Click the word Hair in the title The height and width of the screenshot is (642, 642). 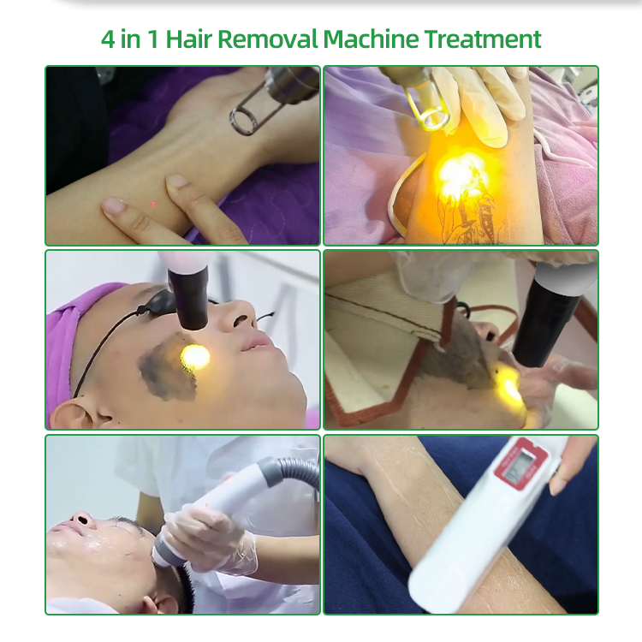pyautogui.click(x=189, y=39)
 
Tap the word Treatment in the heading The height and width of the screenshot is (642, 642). pyautogui.click(x=483, y=39)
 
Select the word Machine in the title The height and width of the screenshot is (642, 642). pyautogui.click(x=371, y=39)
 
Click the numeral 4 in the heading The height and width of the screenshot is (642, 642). pyautogui.click(x=108, y=39)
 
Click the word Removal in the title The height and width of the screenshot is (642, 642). pyautogui.click(x=268, y=39)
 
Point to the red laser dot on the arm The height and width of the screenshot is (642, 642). pyautogui.click(x=153, y=204)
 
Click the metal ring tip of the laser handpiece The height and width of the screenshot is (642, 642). pyautogui.click(x=245, y=122)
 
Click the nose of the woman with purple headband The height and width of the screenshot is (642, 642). pyautogui.click(x=241, y=316)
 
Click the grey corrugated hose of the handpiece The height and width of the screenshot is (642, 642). pyautogui.click(x=294, y=471)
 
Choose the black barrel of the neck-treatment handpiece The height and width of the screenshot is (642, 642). pyautogui.click(x=544, y=318)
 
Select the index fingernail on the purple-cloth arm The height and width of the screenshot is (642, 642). pyautogui.click(x=177, y=180)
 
